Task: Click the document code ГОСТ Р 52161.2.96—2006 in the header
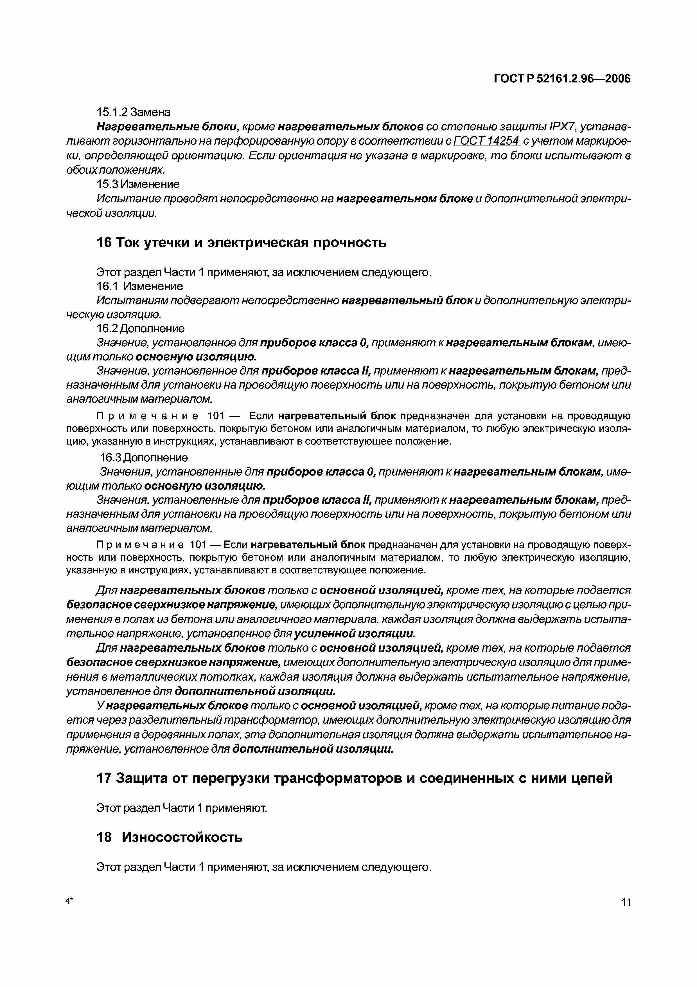(x=562, y=79)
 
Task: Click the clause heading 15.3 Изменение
(x=138, y=184)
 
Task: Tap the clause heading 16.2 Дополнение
(x=140, y=328)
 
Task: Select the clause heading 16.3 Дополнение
(x=144, y=457)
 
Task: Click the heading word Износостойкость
(x=182, y=837)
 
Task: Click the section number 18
(x=104, y=837)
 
